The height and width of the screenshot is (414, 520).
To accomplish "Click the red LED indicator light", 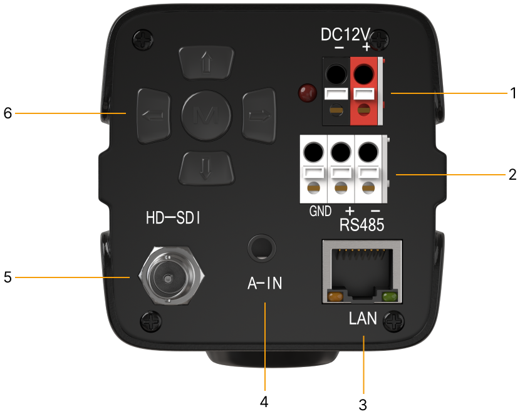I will tap(306, 93).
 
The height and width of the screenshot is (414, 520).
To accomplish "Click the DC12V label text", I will tap(351, 35).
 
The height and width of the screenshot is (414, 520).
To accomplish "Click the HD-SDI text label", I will tap(173, 219).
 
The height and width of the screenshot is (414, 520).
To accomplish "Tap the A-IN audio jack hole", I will tap(260, 247).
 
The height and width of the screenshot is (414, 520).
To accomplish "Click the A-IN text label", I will tap(264, 284).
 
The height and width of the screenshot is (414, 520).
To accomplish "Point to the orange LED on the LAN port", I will tap(335, 297).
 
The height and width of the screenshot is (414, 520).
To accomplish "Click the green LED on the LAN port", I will tap(390, 297).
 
